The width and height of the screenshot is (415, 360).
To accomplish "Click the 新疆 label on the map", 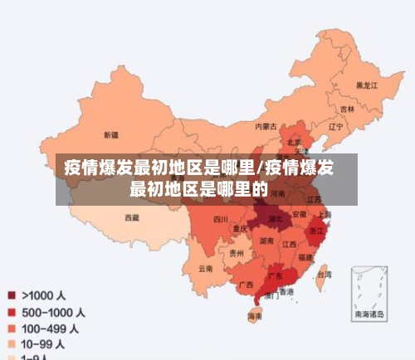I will (110, 134).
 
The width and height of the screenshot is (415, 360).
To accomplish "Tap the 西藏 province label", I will (132, 218).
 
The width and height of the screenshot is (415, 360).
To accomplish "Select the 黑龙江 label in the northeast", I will (366, 85).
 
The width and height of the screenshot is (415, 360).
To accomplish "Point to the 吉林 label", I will (347, 109).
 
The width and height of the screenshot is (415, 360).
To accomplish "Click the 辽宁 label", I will (335, 128).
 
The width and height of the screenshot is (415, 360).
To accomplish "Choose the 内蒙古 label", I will (266, 127).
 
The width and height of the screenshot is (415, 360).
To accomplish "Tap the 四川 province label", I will (220, 220).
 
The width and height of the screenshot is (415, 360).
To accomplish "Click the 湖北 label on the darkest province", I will (276, 220).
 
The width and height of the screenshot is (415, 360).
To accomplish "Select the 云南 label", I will (205, 269).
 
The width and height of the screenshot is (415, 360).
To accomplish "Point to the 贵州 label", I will (237, 253).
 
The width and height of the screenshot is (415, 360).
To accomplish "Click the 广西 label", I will (246, 285).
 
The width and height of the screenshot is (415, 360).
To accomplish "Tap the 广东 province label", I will (276, 275).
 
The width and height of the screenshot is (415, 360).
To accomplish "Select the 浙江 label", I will (316, 231).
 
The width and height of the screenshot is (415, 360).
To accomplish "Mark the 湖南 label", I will (266, 241).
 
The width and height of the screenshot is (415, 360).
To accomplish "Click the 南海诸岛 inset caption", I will (369, 314).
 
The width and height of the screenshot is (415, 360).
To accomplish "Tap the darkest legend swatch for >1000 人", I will (12, 294).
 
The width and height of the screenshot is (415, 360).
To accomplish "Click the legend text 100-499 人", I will (53, 328).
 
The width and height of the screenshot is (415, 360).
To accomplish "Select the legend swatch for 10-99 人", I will (12, 343).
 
